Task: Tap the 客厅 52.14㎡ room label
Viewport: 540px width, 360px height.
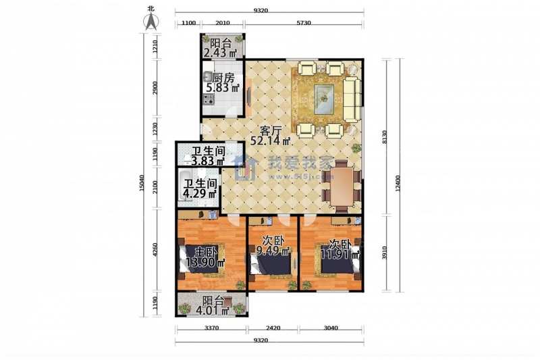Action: coord(271,136)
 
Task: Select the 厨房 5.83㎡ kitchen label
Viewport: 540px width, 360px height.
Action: coord(223,82)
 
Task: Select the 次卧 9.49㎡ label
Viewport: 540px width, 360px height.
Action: coord(273,245)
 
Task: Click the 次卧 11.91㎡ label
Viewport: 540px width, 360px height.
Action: coord(340,250)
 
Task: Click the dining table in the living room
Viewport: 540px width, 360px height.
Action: coord(342,186)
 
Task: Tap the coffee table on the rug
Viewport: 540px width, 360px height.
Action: coord(324,99)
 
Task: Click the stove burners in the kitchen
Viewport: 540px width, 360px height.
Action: coord(209,99)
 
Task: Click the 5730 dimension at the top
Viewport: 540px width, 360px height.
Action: coord(303,23)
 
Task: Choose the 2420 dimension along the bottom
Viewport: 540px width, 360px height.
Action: coord(273,328)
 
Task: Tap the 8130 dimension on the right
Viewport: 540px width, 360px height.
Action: coord(385,138)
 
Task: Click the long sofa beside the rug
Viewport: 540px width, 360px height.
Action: coord(352,100)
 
